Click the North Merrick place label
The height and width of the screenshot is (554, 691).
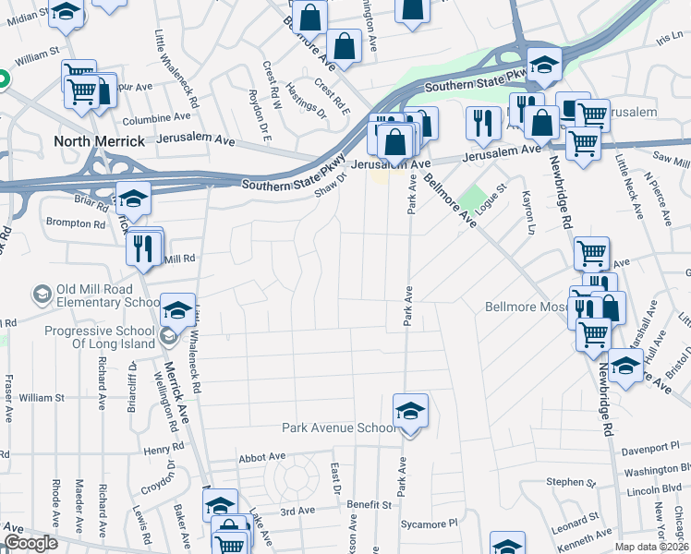(x=100, y=141)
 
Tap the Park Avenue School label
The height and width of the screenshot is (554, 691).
(x=338, y=428)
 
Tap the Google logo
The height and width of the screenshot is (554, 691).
(x=30, y=544)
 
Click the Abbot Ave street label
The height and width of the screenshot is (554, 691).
(x=262, y=457)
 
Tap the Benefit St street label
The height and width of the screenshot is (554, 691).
(x=370, y=505)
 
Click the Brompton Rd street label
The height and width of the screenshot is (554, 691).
(x=76, y=223)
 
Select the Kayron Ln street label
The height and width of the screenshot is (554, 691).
(x=528, y=211)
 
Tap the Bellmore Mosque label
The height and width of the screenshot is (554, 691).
(x=524, y=307)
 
